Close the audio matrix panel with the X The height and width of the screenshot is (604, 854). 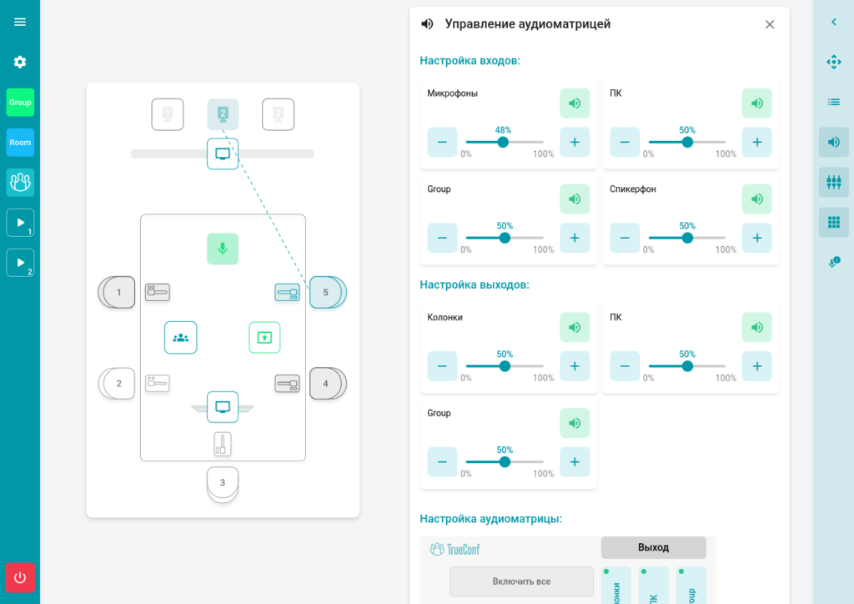pos(769,24)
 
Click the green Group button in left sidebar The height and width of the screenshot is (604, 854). pos(20,103)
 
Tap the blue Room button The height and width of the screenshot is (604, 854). pos(20,143)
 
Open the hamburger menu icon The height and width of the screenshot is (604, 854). pos(20,23)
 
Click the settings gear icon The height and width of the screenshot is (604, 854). pos(20,63)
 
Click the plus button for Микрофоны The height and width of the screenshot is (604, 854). pos(575,142)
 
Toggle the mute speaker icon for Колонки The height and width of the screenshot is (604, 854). pos(575,327)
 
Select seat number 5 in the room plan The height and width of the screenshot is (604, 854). pos(325,293)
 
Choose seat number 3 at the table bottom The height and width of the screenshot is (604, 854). pos(223,482)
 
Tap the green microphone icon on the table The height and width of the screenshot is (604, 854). pos(223,249)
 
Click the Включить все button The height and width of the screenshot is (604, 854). pos(521,581)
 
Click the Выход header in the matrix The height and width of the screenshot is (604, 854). pos(653,547)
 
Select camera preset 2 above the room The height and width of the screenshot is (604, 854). pos(223,114)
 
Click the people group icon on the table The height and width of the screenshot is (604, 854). pos(181,338)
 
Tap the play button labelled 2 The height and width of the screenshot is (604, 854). pos(20,263)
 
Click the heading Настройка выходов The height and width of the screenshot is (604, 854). pos(474,284)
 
